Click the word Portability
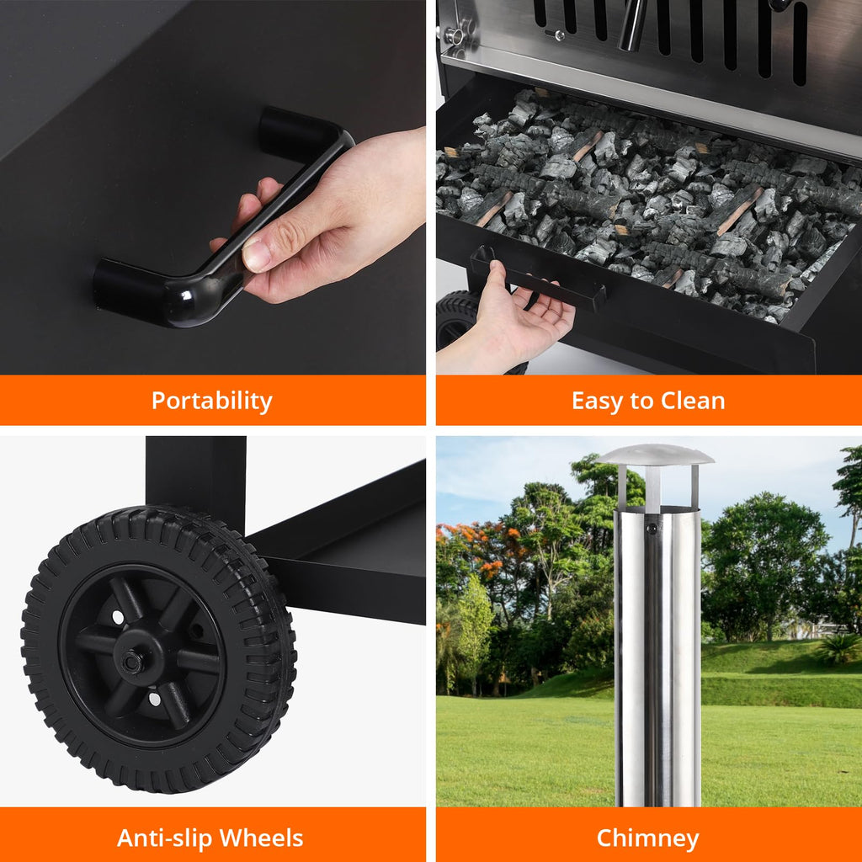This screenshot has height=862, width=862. pyautogui.click(x=211, y=401)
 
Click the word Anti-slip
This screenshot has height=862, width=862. pyautogui.click(x=165, y=838)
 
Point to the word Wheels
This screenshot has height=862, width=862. pyautogui.click(x=261, y=838)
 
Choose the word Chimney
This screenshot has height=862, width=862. pyautogui.click(x=647, y=839)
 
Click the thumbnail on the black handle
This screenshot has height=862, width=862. pyautogui.click(x=256, y=254)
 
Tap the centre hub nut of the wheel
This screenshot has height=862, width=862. pyautogui.click(x=132, y=662)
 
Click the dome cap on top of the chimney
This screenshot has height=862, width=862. pyautogui.click(x=655, y=455)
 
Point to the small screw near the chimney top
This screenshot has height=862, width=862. pyautogui.click(x=652, y=529)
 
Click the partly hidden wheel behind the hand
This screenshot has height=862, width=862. pyautogui.click(x=457, y=320)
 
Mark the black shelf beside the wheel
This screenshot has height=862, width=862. pyautogui.click(x=346, y=550)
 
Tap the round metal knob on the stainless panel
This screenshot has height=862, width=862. pyautogui.click(x=455, y=36)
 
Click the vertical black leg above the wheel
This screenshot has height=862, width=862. pyautogui.click(x=195, y=478)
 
